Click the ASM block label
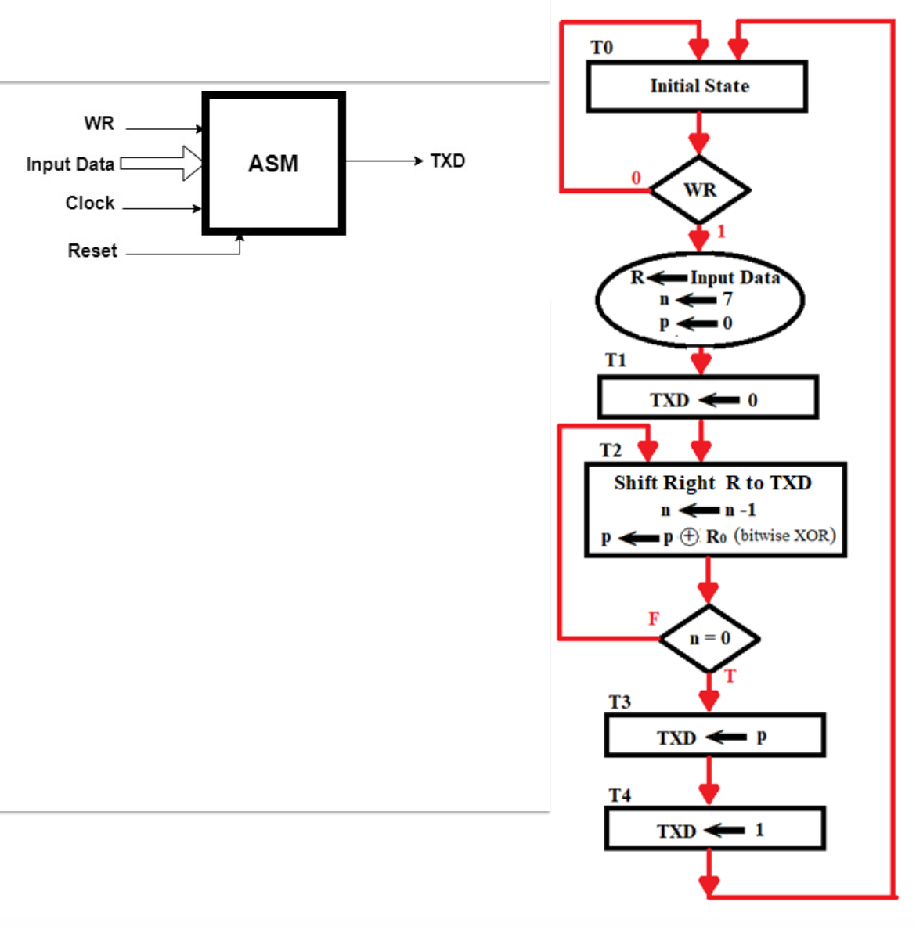pos(273,164)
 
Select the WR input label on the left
pos(99,123)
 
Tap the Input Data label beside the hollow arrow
pos(70,164)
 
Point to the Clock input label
pos(90,203)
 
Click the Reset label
pos(92,251)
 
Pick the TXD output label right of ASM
pos(448,161)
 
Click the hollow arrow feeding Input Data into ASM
pos(163,163)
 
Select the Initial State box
pos(697,86)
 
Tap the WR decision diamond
pos(699,190)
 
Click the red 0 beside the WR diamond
pos(636,178)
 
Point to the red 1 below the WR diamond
pos(721,231)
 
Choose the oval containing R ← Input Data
pos(699,300)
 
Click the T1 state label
pos(615,360)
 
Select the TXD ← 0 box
pos(708,398)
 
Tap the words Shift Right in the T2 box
pos(664,483)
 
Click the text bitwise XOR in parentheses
pos(785,536)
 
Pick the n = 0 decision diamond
pos(709,638)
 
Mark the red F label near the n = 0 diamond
pos(654,619)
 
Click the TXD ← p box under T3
pos(714,736)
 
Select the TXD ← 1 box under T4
pos(714,829)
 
